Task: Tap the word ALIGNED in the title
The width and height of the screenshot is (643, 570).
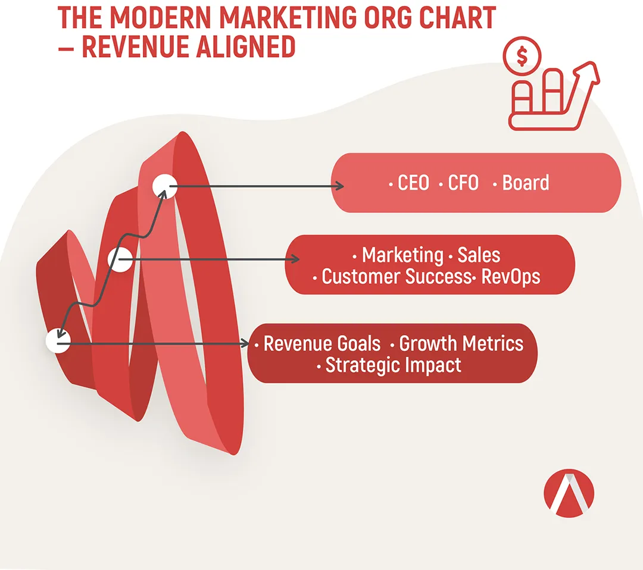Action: pos(245,46)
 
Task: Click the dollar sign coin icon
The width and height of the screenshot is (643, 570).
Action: pos(522,56)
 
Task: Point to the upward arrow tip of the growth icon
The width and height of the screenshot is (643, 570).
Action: pos(591,64)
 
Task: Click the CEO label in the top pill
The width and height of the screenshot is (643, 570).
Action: pos(413,183)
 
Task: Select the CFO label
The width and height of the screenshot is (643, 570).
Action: pos(463,183)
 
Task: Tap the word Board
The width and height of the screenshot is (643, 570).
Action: pos(526,183)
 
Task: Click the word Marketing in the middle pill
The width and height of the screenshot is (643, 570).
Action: pos(402,255)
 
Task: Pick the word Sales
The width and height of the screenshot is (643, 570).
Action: pos(479,255)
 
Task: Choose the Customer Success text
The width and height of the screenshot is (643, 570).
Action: pos(397,277)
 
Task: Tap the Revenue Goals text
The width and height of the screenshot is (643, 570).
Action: pos(322,343)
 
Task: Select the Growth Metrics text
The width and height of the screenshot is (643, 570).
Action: pos(461,343)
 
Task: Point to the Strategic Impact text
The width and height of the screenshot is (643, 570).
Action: pos(394,365)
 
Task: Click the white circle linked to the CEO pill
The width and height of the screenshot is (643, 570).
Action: pos(165,186)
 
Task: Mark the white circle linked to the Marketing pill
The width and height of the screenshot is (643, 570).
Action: pos(120,259)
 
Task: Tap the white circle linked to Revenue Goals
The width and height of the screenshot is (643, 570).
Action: pos(58,340)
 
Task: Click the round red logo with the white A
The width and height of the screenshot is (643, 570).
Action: pos(569,493)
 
